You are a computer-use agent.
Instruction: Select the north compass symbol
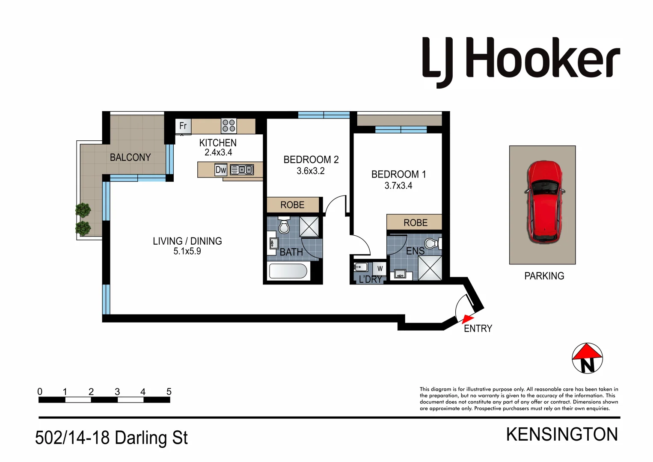pos(587,358)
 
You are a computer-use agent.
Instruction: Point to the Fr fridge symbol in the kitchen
pos(183,126)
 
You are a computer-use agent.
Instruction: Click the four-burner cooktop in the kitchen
pos(229,126)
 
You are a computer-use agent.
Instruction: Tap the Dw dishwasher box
pos(220,170)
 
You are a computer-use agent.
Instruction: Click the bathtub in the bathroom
pos(288,271)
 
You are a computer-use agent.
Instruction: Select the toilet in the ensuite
pos(432,244)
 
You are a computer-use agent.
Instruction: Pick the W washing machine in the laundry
pos(380,269)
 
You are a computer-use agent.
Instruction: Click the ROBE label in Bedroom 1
pos(415,223)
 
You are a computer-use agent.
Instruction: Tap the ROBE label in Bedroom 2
pos(292,205)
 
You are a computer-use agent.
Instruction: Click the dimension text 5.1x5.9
pos(187,252)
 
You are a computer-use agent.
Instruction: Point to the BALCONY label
pos(130,157)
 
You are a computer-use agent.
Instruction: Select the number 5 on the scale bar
pos(169,391)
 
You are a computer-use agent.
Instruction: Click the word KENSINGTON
pos(561,435)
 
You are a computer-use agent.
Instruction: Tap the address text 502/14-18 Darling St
pos(111,438)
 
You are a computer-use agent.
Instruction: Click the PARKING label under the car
pos(544,276)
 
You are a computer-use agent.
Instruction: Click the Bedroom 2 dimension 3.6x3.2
pos(311,171)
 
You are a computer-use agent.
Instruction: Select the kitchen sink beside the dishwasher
pos(242,170)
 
